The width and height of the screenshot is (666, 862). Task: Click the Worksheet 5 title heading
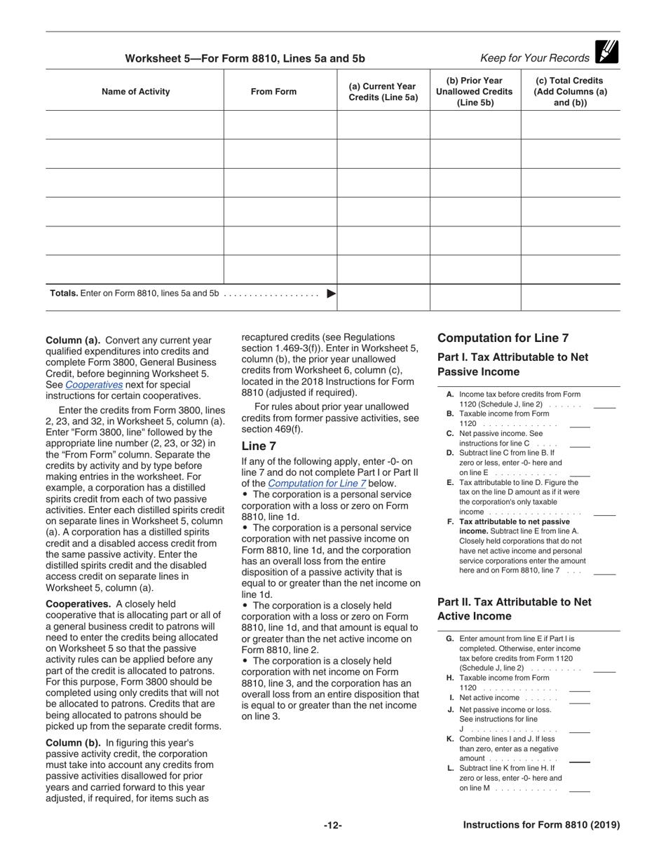pyautogui.click(x=245, y=59)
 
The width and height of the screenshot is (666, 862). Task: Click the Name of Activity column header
pyautogui.click(x=135, y=92)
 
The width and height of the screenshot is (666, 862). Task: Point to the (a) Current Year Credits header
pyautogui.click(x=383, y=92)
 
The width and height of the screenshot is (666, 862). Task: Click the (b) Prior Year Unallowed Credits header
pyautogui.click(x=475, y=92)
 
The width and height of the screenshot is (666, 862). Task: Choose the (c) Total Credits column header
pyautogui.click(x=570, y=92)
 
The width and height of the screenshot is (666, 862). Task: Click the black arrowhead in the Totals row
pyautogui.click(x=332, y=294)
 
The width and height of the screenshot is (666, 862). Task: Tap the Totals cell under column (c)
pyautogui.click(x=570, y=296)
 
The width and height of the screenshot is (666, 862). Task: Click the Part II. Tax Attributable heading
pyautogui.click(x=514, y=608)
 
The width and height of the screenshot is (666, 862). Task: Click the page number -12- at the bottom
pyautogui.click(x=333, y=826)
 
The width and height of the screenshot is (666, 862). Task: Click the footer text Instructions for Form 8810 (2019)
pyautogui.click(x=541, y=826)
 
